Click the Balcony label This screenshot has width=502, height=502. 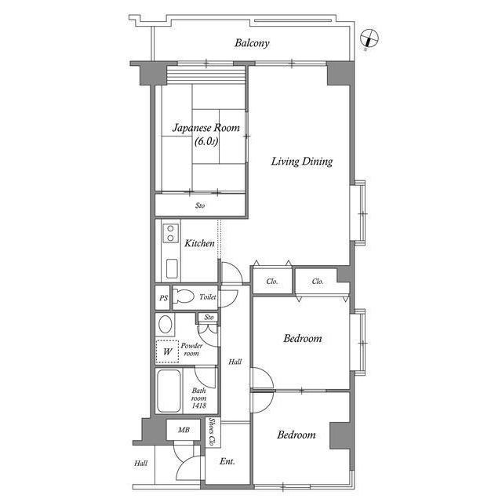pyautogui.click(x=252, y=43)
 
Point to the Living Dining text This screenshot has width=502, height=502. pyautogui.click(x=302, y=162)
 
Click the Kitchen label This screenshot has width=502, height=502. pyautogui.click(x=199, y=244)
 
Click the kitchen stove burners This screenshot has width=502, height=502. pyautogui.click(x=169, y=233)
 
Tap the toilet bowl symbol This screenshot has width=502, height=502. pyautogui.click(x=184, y=297)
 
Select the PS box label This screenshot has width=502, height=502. pyautogui.click(x=163, y=298)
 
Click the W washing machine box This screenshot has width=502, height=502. pyautogui.click(x=167, y=352)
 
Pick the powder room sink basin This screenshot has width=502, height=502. pyautogui.click(x=166, y=325)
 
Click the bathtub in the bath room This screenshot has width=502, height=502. pyautogui.click(x=169, y=393)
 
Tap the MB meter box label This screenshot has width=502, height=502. pyautogui.click(x=183, y=430)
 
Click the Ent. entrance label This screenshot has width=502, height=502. pyautogui.click(x=227, y=462)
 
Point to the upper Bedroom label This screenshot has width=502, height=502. pyautogui.click(x=303, y=339)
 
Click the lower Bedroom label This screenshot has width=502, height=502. pyautogui.click(x=296, y=435)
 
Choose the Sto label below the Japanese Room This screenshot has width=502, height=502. pyautogui.click(x=200, y=206)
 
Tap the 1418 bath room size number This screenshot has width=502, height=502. pyautogui.click(x=199, y=406)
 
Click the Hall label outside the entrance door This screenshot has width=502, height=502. pyautogui.click(x=140, y=464)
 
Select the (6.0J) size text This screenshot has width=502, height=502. pyautogui.click(x=206, y=142)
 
